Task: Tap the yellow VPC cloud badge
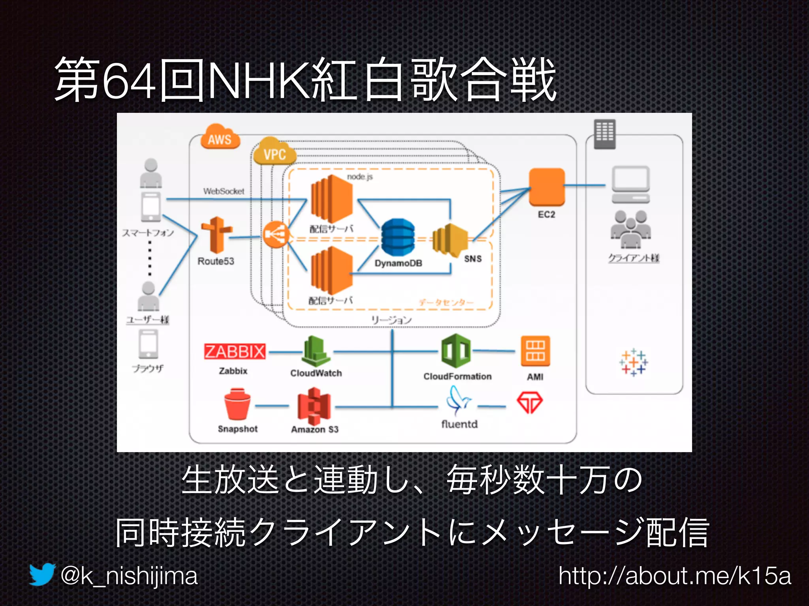point(275,152)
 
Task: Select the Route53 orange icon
point(216,235)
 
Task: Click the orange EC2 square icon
point(547,187)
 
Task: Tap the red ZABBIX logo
point(235,351)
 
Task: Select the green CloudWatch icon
point(316,351)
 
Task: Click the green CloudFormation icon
point(456,351)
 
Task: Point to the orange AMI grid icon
point(535,351)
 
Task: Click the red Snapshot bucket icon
point(237,404)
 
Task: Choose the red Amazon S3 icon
point(314,404)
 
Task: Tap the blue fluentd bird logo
point(458,401)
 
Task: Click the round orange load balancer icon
point(275,235)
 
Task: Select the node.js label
point(360,177)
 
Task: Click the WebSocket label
point(224,191)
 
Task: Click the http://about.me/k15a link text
point(675,576)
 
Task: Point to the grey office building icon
point(604,134)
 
